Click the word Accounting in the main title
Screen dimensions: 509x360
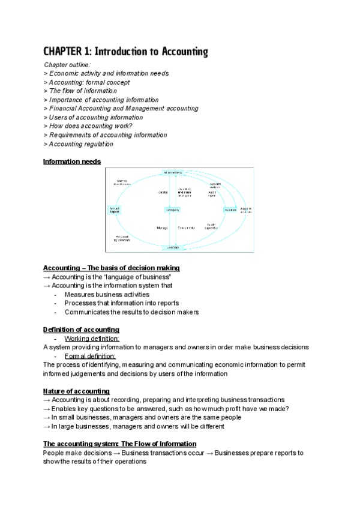[x=181, y=52]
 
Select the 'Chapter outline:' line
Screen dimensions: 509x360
[x=67, y=65]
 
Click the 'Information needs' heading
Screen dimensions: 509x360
[x=72, y=161]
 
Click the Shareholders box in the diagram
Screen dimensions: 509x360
[x=173, y=173]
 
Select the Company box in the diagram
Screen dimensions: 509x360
[x=173, y=209]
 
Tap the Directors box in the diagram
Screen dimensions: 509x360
[x=173, y=247]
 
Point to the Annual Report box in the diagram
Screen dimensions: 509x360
[x=114, y=210]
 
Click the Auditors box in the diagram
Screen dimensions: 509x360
[x=230, y=209]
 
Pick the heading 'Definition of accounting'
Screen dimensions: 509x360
[x=81, y=330]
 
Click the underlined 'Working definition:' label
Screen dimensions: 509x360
[x=91, y=339]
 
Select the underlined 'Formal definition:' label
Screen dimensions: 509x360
[x=89, y=356]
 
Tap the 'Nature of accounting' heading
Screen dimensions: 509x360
[x=76, y=391]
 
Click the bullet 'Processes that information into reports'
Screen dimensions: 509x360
[x=121, y=303]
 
